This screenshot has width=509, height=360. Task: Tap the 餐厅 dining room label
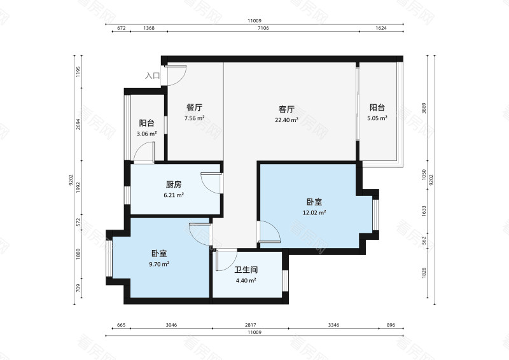194,107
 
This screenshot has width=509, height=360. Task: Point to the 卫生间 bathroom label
246,270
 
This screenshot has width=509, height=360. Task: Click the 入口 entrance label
152,76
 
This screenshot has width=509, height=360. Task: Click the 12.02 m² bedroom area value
315,212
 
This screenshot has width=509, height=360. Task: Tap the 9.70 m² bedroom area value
158,264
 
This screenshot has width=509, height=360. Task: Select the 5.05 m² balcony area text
377,118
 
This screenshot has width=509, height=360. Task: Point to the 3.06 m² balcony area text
146,134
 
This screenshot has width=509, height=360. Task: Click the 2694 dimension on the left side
78,126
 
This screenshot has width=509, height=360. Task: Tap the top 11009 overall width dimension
254,20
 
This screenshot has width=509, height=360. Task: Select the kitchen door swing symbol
210,182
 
